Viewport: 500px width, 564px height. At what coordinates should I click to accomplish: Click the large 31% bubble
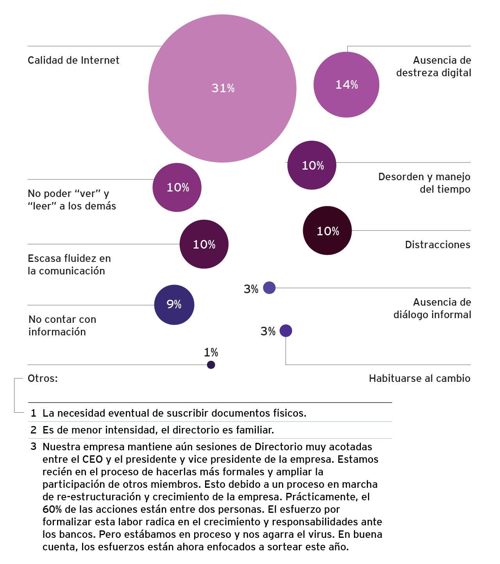[222, 88]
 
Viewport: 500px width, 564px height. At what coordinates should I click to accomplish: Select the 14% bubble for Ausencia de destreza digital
[346, 84]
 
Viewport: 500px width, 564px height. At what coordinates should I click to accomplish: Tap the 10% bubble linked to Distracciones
[327, 231]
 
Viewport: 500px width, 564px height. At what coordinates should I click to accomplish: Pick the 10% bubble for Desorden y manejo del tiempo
[312, 165]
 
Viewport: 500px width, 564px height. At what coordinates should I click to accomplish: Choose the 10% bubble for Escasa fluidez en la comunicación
[204, 244]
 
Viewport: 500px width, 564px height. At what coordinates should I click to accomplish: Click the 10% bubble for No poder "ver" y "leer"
[177, 187]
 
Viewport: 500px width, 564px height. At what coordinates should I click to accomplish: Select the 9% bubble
[174, 304]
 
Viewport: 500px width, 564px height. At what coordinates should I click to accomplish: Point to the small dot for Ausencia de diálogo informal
[269, 288]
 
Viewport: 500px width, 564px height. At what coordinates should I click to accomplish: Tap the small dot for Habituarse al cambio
[286, 331]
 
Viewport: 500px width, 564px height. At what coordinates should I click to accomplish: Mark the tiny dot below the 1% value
[211, 365]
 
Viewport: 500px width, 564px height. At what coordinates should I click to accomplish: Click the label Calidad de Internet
[73, 60]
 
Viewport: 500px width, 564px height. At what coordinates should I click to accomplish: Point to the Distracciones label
[437, 245]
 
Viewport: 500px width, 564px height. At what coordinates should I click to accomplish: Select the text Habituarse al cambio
[420, 378]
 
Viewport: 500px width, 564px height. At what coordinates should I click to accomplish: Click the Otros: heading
[43, 378]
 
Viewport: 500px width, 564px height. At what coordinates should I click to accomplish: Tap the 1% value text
[211, 353]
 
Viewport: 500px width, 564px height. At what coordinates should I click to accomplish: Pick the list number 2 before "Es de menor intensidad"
[34, 430]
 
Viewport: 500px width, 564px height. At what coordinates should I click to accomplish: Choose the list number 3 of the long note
[34, 446]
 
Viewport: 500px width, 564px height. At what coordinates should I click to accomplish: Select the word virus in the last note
[321, 534]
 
